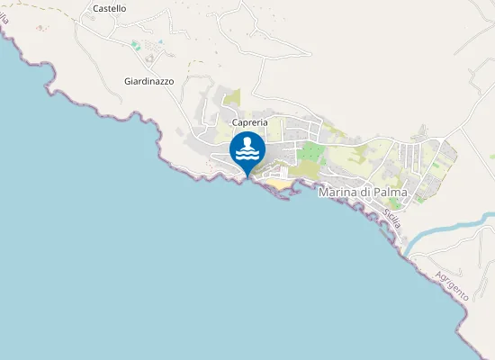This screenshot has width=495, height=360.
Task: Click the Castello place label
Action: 110,8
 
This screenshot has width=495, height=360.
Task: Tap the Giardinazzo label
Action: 148,80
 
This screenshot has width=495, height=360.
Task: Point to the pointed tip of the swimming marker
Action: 247,176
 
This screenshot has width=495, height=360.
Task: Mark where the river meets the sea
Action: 407,251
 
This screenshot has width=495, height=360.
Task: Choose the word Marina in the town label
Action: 338,192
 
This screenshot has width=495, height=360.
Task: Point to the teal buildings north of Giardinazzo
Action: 135,44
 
